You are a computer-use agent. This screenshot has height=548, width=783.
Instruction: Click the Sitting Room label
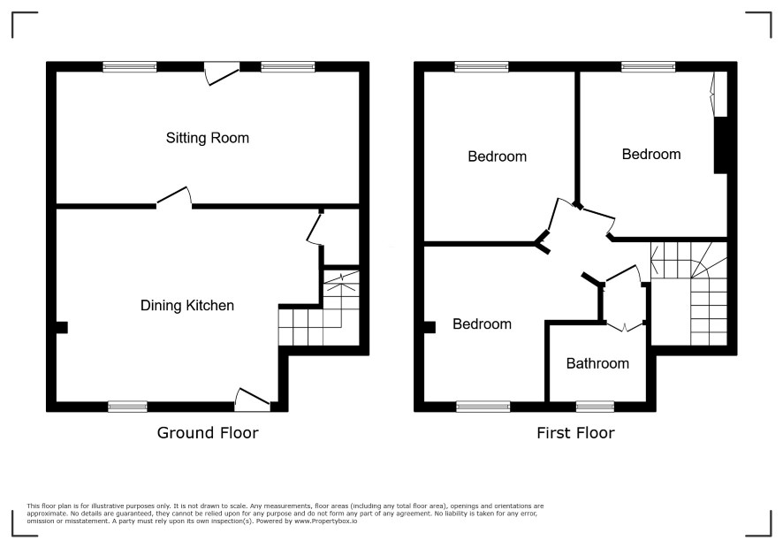207,138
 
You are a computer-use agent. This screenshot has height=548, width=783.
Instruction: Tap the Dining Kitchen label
187,305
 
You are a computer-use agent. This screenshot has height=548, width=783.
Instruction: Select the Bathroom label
597,363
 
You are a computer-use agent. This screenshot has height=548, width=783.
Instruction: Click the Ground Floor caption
208,432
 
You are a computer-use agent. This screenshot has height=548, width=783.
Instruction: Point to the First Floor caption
575,432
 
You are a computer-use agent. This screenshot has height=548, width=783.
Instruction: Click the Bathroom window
595,407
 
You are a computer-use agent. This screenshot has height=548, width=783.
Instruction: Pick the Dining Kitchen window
128,407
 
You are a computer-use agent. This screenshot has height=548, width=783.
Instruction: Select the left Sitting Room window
130,67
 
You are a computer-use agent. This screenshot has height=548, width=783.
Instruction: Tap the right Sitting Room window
288,67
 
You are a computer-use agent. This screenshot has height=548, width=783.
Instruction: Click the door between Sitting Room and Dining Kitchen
174,197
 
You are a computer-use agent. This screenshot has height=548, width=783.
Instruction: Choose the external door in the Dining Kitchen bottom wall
253,399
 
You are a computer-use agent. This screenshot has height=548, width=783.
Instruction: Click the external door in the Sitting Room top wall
222,74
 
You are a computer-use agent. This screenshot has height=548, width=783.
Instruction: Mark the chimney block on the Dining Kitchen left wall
62,327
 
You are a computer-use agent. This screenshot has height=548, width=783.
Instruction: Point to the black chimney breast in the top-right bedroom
720,145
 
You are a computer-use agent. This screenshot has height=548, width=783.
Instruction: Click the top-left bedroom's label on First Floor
497,156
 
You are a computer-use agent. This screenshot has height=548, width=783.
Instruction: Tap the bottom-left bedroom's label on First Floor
482,324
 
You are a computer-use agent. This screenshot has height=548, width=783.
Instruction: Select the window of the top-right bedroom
648,67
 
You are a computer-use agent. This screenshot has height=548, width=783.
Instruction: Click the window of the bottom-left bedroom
483,407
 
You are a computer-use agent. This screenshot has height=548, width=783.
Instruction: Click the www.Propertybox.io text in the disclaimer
325,521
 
